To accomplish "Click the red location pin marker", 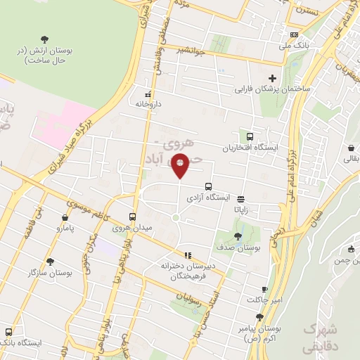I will tap(180, 165).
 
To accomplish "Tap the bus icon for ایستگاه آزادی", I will tap(207, 186).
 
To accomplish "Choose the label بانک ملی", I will tap(295, 46).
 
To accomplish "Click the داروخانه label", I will tap(148, 104).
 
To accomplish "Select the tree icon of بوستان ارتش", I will tap(45, 39).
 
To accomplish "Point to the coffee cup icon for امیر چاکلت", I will tap(265, 289).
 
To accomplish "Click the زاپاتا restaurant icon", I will tap(241, 199).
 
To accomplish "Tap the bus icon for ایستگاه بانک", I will tap(8, 332).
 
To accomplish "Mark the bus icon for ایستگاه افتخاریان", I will tap(249, 136).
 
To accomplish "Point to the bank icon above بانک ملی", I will tap(294, 34).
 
